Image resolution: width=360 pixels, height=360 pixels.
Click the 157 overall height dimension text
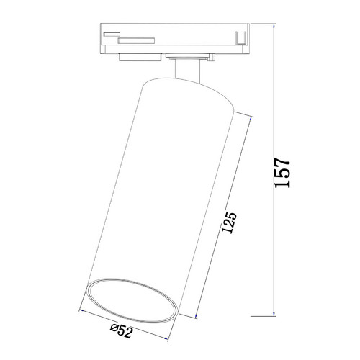coord(282,173)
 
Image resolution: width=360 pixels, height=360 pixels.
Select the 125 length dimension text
coord(229,222)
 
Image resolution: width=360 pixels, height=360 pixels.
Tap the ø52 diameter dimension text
coord(122,330)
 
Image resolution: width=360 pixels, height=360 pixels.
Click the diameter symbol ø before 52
coord(114,328)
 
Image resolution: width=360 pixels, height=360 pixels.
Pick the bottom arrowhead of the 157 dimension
coord(274,314)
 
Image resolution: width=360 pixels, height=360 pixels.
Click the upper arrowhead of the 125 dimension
coord(251,119)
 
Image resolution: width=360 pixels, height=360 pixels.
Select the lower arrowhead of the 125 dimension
coord(197,316)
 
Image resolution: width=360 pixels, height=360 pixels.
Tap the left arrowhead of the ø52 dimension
coord(81,310)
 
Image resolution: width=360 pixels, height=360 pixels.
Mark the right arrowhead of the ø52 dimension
coord(166,338)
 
